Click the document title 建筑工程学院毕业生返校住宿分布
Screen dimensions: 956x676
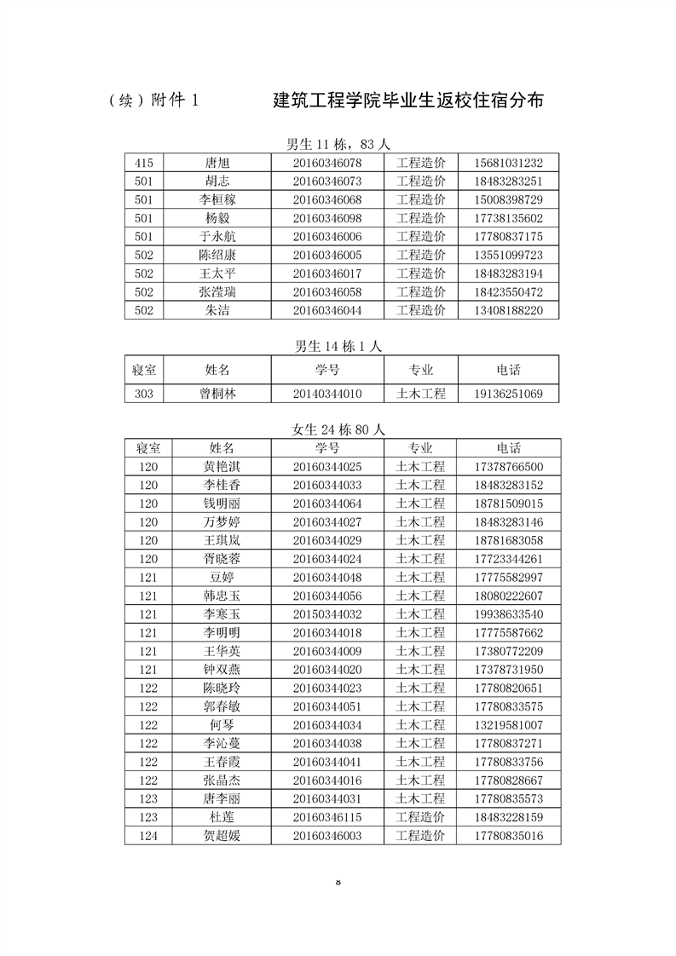(x=408, y=101)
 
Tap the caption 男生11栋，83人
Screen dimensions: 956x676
(x=338, y=144)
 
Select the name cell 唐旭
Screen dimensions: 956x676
(x=217, y=163)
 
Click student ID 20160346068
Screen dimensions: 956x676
(x=327, y=199)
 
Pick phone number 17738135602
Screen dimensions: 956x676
(x=507, y=218)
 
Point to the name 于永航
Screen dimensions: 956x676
(x=217, y=236)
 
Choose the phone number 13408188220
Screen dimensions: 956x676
(x=507, y=310)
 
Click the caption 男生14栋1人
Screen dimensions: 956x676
(x=338, y=346)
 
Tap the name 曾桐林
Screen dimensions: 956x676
(x=217, y=394)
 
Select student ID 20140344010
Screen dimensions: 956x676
(x=327, y=394)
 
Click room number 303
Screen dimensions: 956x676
(x=143, y=394)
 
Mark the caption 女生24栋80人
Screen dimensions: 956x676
(x=338, y=429)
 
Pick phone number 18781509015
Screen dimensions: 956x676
(x=507, y=503)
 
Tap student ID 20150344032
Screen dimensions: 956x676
(x=327, y=614)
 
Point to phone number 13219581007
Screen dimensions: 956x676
(x=507, y=725)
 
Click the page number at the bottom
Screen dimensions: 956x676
(x=338, y=881)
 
